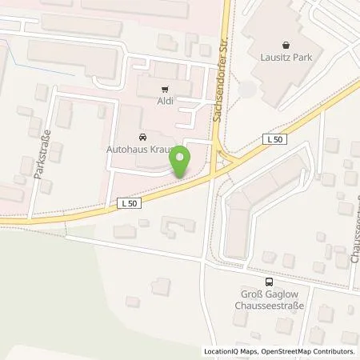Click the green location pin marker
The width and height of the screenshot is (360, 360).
[x=180, y=164]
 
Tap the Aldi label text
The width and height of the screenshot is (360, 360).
[x=166, y=102]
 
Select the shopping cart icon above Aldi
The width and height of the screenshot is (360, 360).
[x=166, y=90]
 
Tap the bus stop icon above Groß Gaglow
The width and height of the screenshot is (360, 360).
[x=269, y=282]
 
